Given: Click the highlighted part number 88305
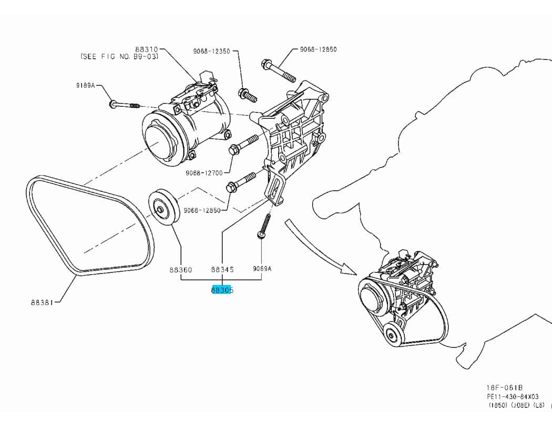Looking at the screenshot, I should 222,290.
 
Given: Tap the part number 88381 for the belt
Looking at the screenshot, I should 42,302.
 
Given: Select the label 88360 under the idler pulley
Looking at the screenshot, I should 180,269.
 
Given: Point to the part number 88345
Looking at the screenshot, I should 222,269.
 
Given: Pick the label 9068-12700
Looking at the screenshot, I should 204,172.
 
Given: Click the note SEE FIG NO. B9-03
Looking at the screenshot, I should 119,56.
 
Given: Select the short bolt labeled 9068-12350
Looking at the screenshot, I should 247,95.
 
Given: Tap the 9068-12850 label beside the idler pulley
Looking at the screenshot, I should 202,210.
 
